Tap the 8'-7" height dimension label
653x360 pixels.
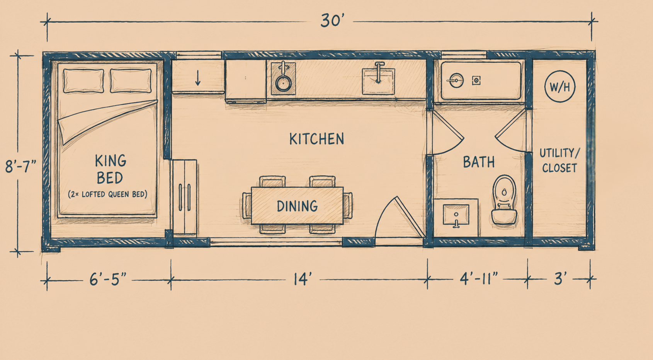[x=21, y=167]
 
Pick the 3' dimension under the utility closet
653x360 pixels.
[x=560, y=278]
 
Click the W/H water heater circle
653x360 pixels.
[x=560, y=87]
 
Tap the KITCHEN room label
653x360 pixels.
[x=316, y=139]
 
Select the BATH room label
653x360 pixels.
[x=479, y=162]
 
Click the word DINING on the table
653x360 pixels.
[x=297, y=206]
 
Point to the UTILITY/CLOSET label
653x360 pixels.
[x=560, y=160]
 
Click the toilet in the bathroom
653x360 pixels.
[x=504, y=200]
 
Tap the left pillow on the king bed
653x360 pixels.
[x=83, y=81]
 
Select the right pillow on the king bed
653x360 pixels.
[x=131, y=81]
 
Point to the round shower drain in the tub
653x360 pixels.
[x=455, y=80]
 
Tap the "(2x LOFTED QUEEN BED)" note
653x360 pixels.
[x=107, y=194]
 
